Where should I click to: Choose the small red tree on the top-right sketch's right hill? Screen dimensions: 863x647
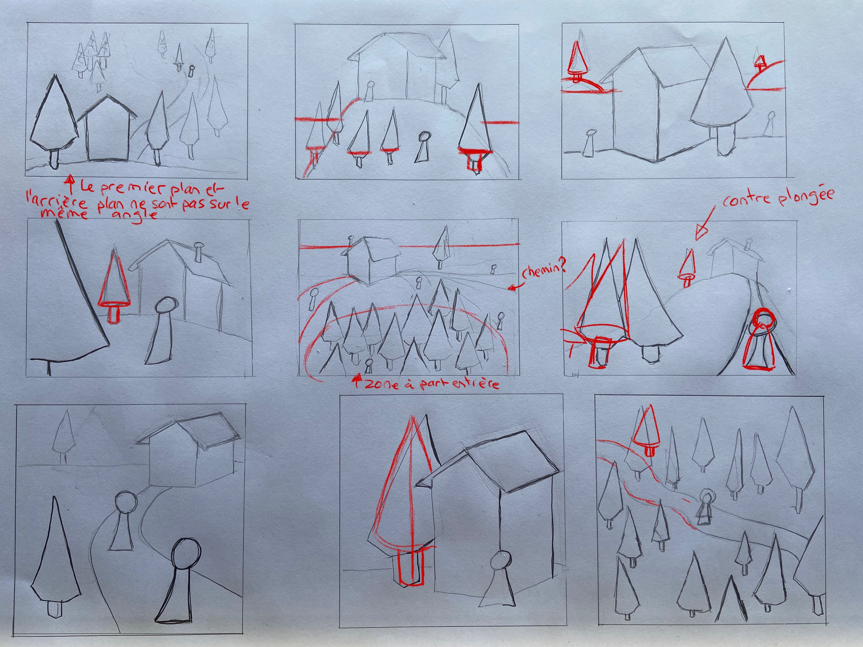pyautogui.click(x=760, y=63)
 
